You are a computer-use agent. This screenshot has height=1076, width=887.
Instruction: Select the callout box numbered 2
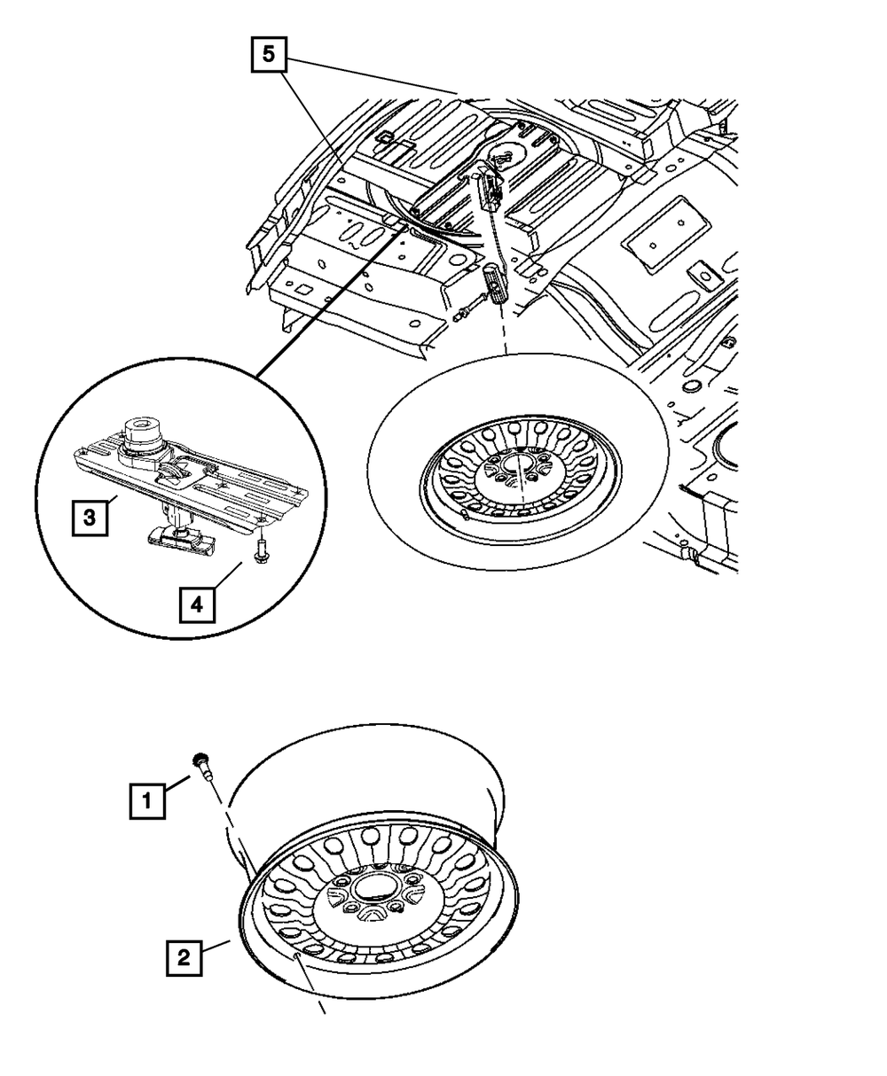pos(184,958)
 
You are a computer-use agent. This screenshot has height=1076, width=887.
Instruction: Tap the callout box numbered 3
pos(90,517)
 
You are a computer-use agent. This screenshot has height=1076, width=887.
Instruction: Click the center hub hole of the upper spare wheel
pos(517,466)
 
